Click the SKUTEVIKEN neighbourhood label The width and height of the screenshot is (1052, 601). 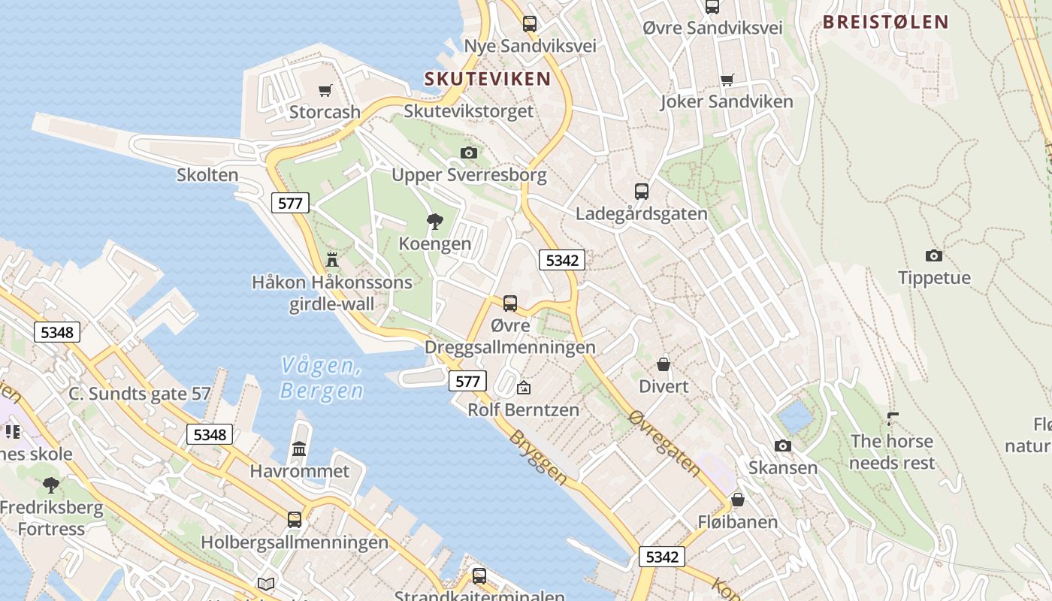click(487, 78)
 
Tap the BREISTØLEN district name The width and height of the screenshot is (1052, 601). click(885, 22)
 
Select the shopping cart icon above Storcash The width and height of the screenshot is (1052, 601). click(325, 91)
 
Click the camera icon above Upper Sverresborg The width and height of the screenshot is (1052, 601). click(469, 153)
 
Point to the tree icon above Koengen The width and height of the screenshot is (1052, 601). click(434, 221)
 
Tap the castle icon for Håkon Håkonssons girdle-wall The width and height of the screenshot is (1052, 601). click(331, 260)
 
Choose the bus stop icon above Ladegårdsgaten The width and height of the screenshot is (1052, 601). click(641, 191)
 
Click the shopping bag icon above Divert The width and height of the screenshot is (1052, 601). click(664, 364)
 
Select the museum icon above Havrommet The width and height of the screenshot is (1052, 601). click(299, 449)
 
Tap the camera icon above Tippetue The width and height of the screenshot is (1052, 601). click(934, 255)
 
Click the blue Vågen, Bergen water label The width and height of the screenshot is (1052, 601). click(322, 378)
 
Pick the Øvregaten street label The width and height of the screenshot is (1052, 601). click(665, 444)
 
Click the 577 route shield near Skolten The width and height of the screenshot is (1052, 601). click(290, 202)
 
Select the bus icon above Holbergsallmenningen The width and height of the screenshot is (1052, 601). click(295, 520)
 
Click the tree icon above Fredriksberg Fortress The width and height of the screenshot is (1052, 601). click(51, 485)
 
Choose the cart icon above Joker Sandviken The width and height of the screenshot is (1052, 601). click(727, 80)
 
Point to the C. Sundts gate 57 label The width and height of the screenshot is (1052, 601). click(140, 394)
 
